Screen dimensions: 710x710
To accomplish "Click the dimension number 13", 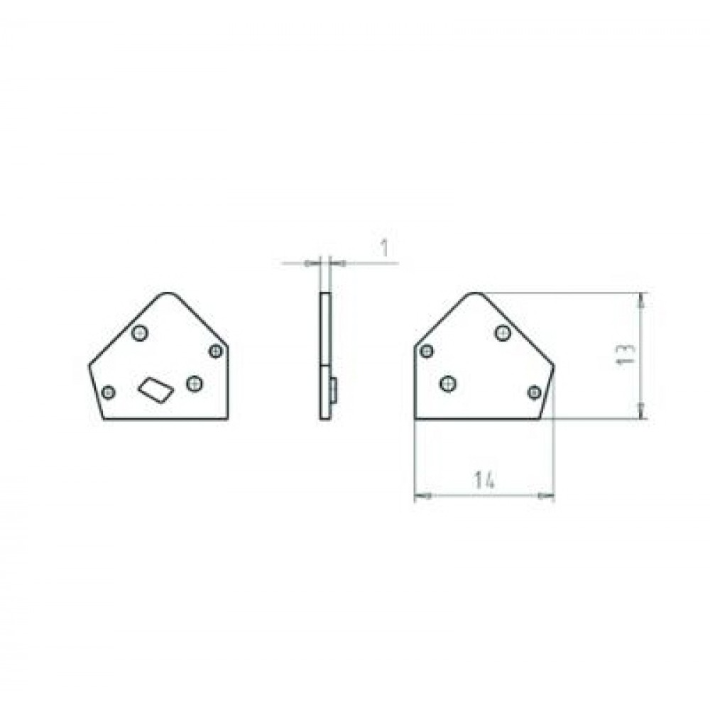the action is tap(626, 355).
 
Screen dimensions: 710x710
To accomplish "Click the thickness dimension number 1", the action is tap(384, 248).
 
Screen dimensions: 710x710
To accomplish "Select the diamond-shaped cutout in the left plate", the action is tap(156, 389).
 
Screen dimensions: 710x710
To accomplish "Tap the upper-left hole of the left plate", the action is tap(140, 333).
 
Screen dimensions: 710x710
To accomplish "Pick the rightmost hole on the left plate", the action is tap(216, 351).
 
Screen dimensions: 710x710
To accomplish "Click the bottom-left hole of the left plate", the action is tap(108, 392).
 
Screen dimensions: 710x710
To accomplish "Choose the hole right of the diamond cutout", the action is tap(195, 383).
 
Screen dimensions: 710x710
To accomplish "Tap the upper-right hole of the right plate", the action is tap(503, 333).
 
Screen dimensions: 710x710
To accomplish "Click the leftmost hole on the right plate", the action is tap(427, 351).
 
